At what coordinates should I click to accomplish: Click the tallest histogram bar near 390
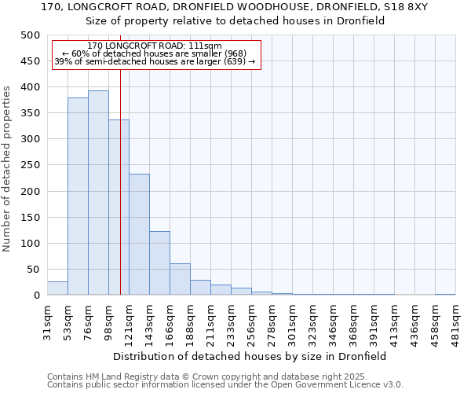(x=98, y=193)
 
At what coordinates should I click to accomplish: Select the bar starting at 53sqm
(x=78, y=196)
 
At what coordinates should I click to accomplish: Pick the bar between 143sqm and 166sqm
(x=159, y=263)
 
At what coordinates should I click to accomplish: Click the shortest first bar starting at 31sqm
(x=57, y=288)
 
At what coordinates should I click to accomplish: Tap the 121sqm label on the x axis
(x=129, y=321)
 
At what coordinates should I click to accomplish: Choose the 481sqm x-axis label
(x=455, y=321)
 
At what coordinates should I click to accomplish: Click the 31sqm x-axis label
(x=47, y=321)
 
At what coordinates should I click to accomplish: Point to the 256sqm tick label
(x=251, y=321)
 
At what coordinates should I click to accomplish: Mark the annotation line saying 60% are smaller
(x=155, y=53)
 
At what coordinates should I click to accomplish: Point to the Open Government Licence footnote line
(x=225, y=385)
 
